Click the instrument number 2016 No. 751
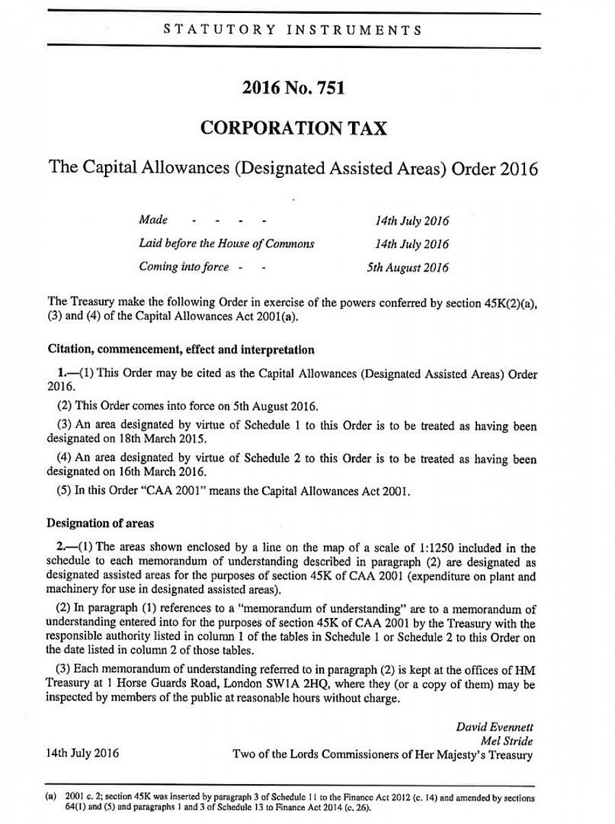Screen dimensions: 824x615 293,88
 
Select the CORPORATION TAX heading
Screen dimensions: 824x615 293,128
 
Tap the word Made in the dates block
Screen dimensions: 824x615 153,220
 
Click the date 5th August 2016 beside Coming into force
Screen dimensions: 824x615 408,267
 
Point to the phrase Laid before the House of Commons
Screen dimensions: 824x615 227,244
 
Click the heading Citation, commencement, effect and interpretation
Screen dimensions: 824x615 181,350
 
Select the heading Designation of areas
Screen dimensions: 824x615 100,523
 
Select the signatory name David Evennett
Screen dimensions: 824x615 494,726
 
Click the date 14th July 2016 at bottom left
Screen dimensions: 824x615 82,753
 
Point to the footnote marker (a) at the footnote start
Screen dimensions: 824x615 51,798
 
